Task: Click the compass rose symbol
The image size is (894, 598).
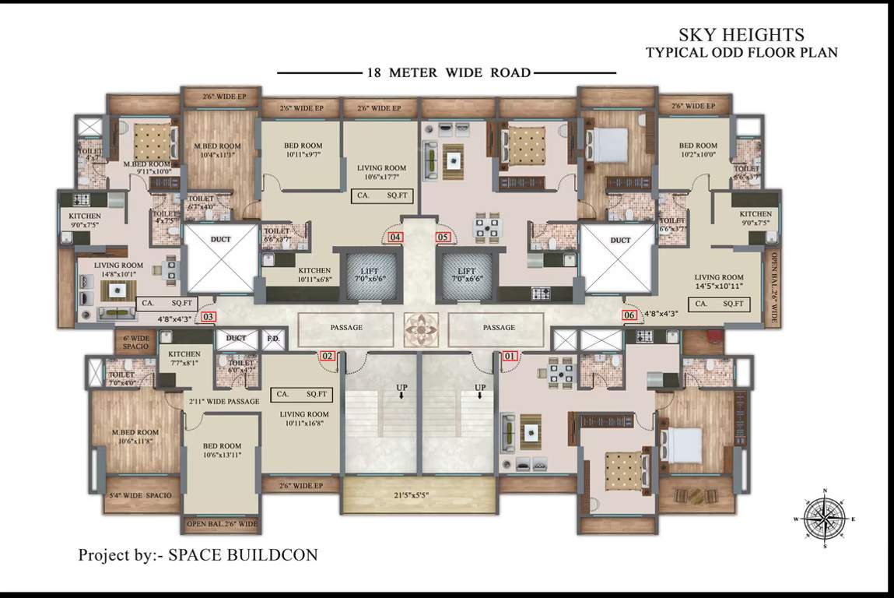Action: (825, 517)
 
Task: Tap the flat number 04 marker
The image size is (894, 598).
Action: (396, 237)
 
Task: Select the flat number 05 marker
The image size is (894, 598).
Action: (443, 237)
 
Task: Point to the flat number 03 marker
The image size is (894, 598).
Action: (208, 316)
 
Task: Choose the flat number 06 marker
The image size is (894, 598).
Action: (629, 315)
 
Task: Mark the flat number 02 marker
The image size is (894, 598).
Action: (328, 357)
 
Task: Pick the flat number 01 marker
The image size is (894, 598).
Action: (510, 357)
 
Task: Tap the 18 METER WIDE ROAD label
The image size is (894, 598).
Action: (448, 73)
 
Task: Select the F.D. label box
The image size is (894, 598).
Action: (273, 339)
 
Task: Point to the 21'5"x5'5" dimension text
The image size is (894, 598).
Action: (421, 495)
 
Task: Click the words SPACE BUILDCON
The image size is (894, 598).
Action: (244, 555)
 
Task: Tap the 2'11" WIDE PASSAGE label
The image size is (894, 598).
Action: (223, 402)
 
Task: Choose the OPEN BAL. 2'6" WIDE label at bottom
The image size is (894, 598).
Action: (222, 524)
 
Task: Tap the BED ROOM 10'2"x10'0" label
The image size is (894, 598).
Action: (697, 150)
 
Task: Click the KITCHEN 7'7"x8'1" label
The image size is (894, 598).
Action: (184, 357)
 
